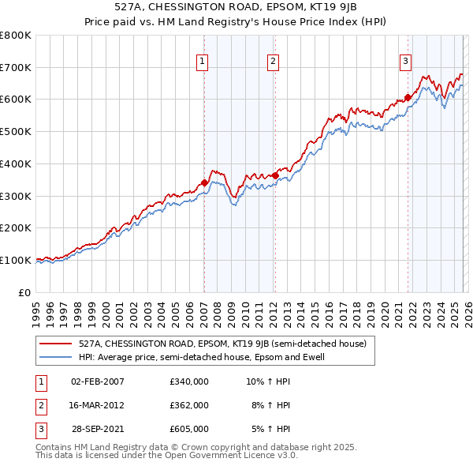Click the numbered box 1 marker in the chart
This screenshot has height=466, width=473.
tap(203, 61)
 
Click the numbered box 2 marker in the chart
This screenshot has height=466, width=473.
tap(273, 61)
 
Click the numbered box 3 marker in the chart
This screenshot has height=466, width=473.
tap(405, 61)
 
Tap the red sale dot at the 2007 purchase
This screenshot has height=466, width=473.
tap(204, 182)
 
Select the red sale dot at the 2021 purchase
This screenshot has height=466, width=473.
tap(408, 98)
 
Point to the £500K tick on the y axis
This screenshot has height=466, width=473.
tap(16, 132)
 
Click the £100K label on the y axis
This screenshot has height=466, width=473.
tap(16, 260)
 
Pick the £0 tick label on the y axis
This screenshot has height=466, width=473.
tap(25, 292)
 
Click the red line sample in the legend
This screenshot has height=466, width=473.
tap(55, 344)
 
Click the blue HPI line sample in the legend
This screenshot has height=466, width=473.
tap(55, 357)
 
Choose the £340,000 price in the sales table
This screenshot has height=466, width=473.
tap(188, 381)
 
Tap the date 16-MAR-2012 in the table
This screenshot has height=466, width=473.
tap(97, 405)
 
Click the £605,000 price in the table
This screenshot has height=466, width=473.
tap(188, 429)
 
